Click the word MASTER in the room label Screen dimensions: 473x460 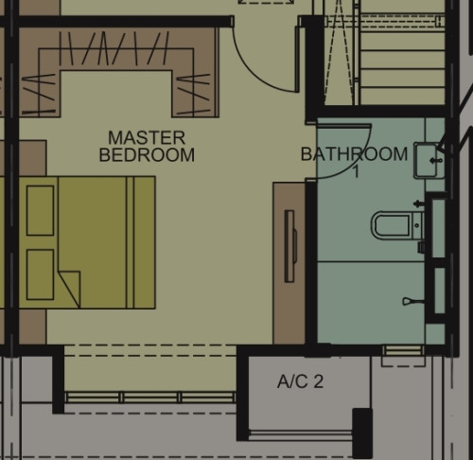(x=147, y=138)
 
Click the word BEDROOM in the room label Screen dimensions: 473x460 (x=147, y=155)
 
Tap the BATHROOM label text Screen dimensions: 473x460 (x=354, y=154)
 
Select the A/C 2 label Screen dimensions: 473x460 (x=300, y=381)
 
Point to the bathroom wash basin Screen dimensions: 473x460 (x=427, y=160)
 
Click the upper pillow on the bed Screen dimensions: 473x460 (x=40, y=210)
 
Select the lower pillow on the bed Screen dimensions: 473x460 (x=40, y=274)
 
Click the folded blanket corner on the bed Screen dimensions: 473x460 (x=70, y=286)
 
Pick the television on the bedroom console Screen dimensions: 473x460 (x=290, y=246)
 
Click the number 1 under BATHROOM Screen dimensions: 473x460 (x=356, y=172)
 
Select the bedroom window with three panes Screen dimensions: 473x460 (x=150, y=397)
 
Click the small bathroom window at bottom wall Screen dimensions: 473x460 (x=403, y=350)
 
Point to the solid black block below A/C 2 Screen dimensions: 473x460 (x=362, y=433)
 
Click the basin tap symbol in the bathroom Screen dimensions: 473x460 (x=436, y=161)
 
